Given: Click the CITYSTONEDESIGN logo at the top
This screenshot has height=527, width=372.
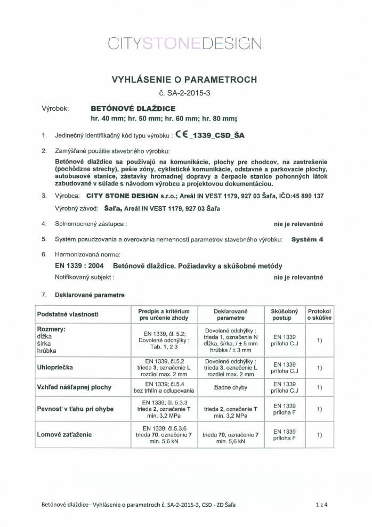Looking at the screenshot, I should point(184,43).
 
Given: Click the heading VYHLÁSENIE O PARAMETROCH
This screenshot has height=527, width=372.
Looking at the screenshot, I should point(184,80).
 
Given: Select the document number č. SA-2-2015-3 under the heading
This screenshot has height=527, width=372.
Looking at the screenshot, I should point(184,93).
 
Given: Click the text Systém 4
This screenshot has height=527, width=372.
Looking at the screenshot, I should point(307,240).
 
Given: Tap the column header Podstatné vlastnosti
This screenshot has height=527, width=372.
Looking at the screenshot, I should point(67,314).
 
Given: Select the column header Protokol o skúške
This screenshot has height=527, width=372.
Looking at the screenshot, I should point(319,314).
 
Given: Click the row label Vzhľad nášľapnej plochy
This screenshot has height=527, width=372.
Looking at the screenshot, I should point(74,387).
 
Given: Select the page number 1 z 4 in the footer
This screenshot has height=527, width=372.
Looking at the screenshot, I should point(321,504).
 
